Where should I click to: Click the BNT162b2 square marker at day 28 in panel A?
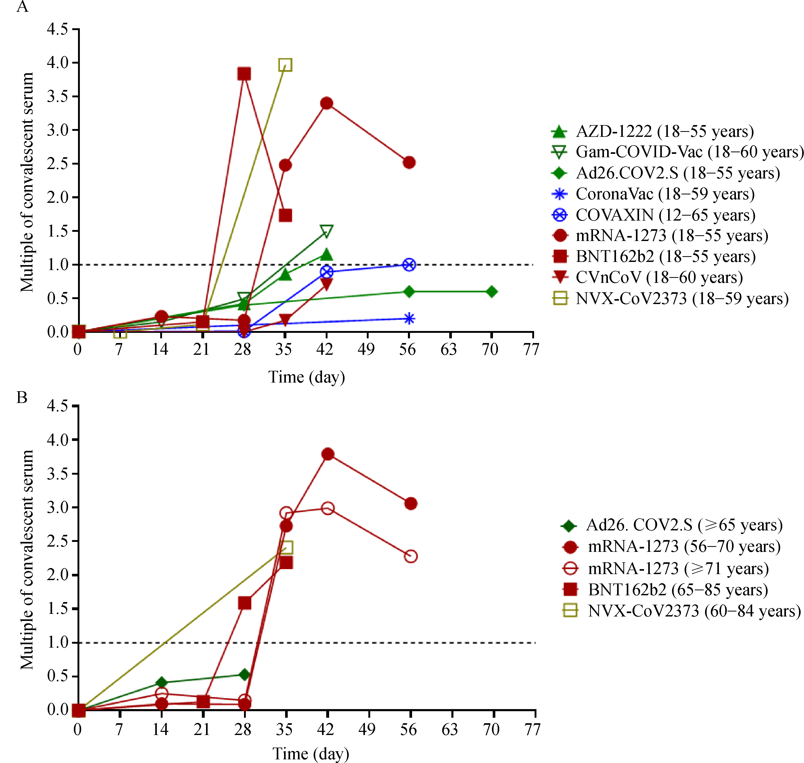click(x=244, y=74)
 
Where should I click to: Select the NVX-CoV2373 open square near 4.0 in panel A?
click(x=285, y=65)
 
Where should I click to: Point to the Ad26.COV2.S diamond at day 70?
click(x=491, y=291)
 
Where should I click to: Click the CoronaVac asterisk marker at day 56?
click(x=409, y=318)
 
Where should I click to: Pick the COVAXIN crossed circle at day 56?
click(x=409, y=265)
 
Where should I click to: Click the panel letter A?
click(x=22, y=7)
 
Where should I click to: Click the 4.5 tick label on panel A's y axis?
click(x=57, y=29)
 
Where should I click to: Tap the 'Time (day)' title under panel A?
click(x=306, y=377)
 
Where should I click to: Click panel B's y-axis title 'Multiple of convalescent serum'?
click(x=27, y=560)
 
